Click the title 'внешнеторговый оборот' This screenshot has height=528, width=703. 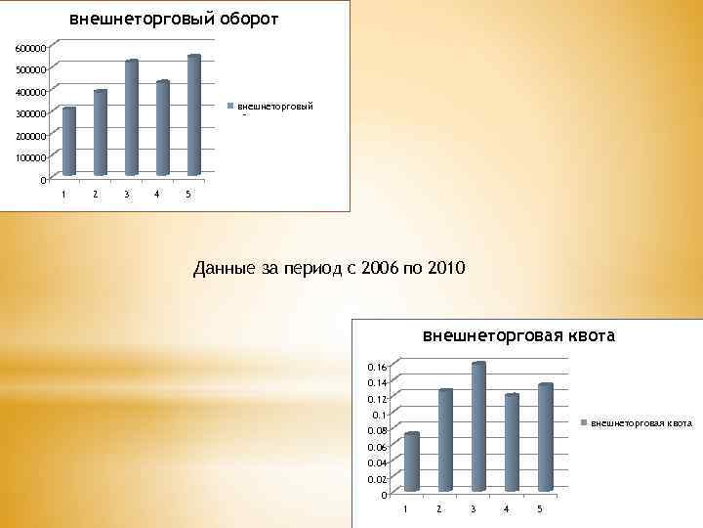(173, 19)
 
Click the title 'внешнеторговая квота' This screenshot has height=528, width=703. (518, 336)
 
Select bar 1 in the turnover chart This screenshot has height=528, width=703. (68, 141)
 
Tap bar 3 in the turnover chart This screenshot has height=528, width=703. (132, 117)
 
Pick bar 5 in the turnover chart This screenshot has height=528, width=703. (193, 114)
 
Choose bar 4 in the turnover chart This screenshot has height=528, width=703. (162, 127)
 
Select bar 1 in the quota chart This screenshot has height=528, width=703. (412, 462)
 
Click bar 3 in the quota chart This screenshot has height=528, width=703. (478, 426)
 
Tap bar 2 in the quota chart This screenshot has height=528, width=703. (445, 440)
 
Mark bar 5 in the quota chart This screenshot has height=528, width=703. (545, 437)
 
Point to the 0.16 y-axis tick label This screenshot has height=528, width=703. (375, 366)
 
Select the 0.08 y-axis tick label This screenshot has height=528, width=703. (375, 430)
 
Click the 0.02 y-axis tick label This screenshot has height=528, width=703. (375, 479)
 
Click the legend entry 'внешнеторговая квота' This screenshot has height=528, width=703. (641, 423)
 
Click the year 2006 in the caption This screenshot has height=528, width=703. (380, 268)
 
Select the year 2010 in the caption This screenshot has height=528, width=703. (448, 268)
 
